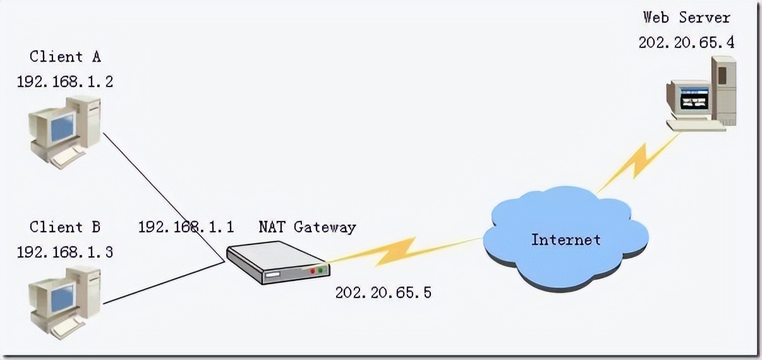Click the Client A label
pyautogui.click(x=65, y=57)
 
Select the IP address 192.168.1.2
pyautogui.click(x=65, y=81)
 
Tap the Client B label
pyautogui.click(x=65, y=227)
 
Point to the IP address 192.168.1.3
pyautogui.click(x=65, y=252)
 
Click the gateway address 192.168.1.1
pyautogui.click(x=186, y=227)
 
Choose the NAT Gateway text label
pyautogui.click(x=306, y=227)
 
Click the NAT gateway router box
pyautogui.click(x=275, y=262)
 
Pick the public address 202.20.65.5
pyautogui.click(x=383, y=292)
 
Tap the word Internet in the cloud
pyautogui.click(x=565, y=240)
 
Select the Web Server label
pyautogui.click(x=686, y=17)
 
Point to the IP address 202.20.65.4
pyautogui.click(x=686, y=42)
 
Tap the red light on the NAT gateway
pyautogui.click(x=312, y=270)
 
